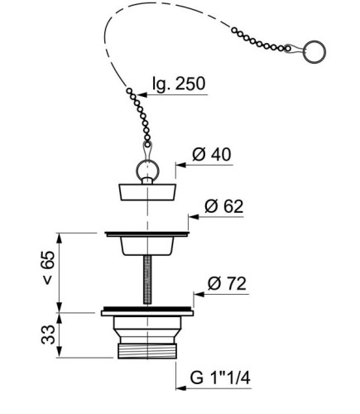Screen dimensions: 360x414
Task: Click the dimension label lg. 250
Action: [x=179, y=84]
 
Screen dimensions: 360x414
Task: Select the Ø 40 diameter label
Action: [x=212, y=155]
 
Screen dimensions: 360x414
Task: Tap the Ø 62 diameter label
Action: [x=223, y=206]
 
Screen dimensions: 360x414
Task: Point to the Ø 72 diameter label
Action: [x=227, y=284]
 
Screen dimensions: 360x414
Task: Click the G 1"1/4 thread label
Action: [x=220, y=378]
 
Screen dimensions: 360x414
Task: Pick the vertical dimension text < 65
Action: [x=48, y=267]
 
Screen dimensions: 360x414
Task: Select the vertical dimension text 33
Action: [x=48, y=335]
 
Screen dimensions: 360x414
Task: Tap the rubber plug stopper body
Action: [x=148, y=192]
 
